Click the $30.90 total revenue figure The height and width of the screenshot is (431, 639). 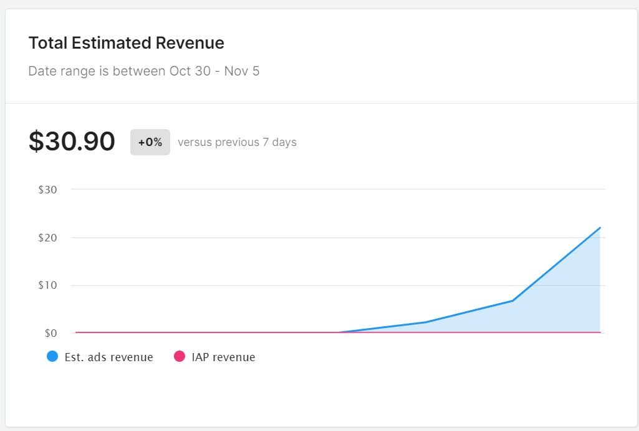tap(72, 142)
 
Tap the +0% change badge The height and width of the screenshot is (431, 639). tap(150, 142)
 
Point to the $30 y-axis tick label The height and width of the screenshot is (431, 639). tap(48, 190)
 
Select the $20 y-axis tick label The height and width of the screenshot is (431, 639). tap(48, 238)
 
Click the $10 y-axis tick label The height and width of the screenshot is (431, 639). tap(48, 285)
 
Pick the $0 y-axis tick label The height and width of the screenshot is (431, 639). tap(50, 333)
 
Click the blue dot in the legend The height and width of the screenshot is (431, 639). tap(52, 357)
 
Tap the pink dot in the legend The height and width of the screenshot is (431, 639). tap(180, 357)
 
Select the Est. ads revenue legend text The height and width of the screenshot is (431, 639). tap(109, 357)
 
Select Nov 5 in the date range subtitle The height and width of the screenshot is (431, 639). tap(242, 71)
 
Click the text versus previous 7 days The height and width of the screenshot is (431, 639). tap(237, 142)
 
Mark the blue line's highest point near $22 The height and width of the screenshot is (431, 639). tap(600, 228)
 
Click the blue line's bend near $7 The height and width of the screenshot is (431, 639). tap(512, 301)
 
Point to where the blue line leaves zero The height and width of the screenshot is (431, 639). tap(339, 332)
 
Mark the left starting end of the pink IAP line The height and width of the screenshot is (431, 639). tap(76, 332)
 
